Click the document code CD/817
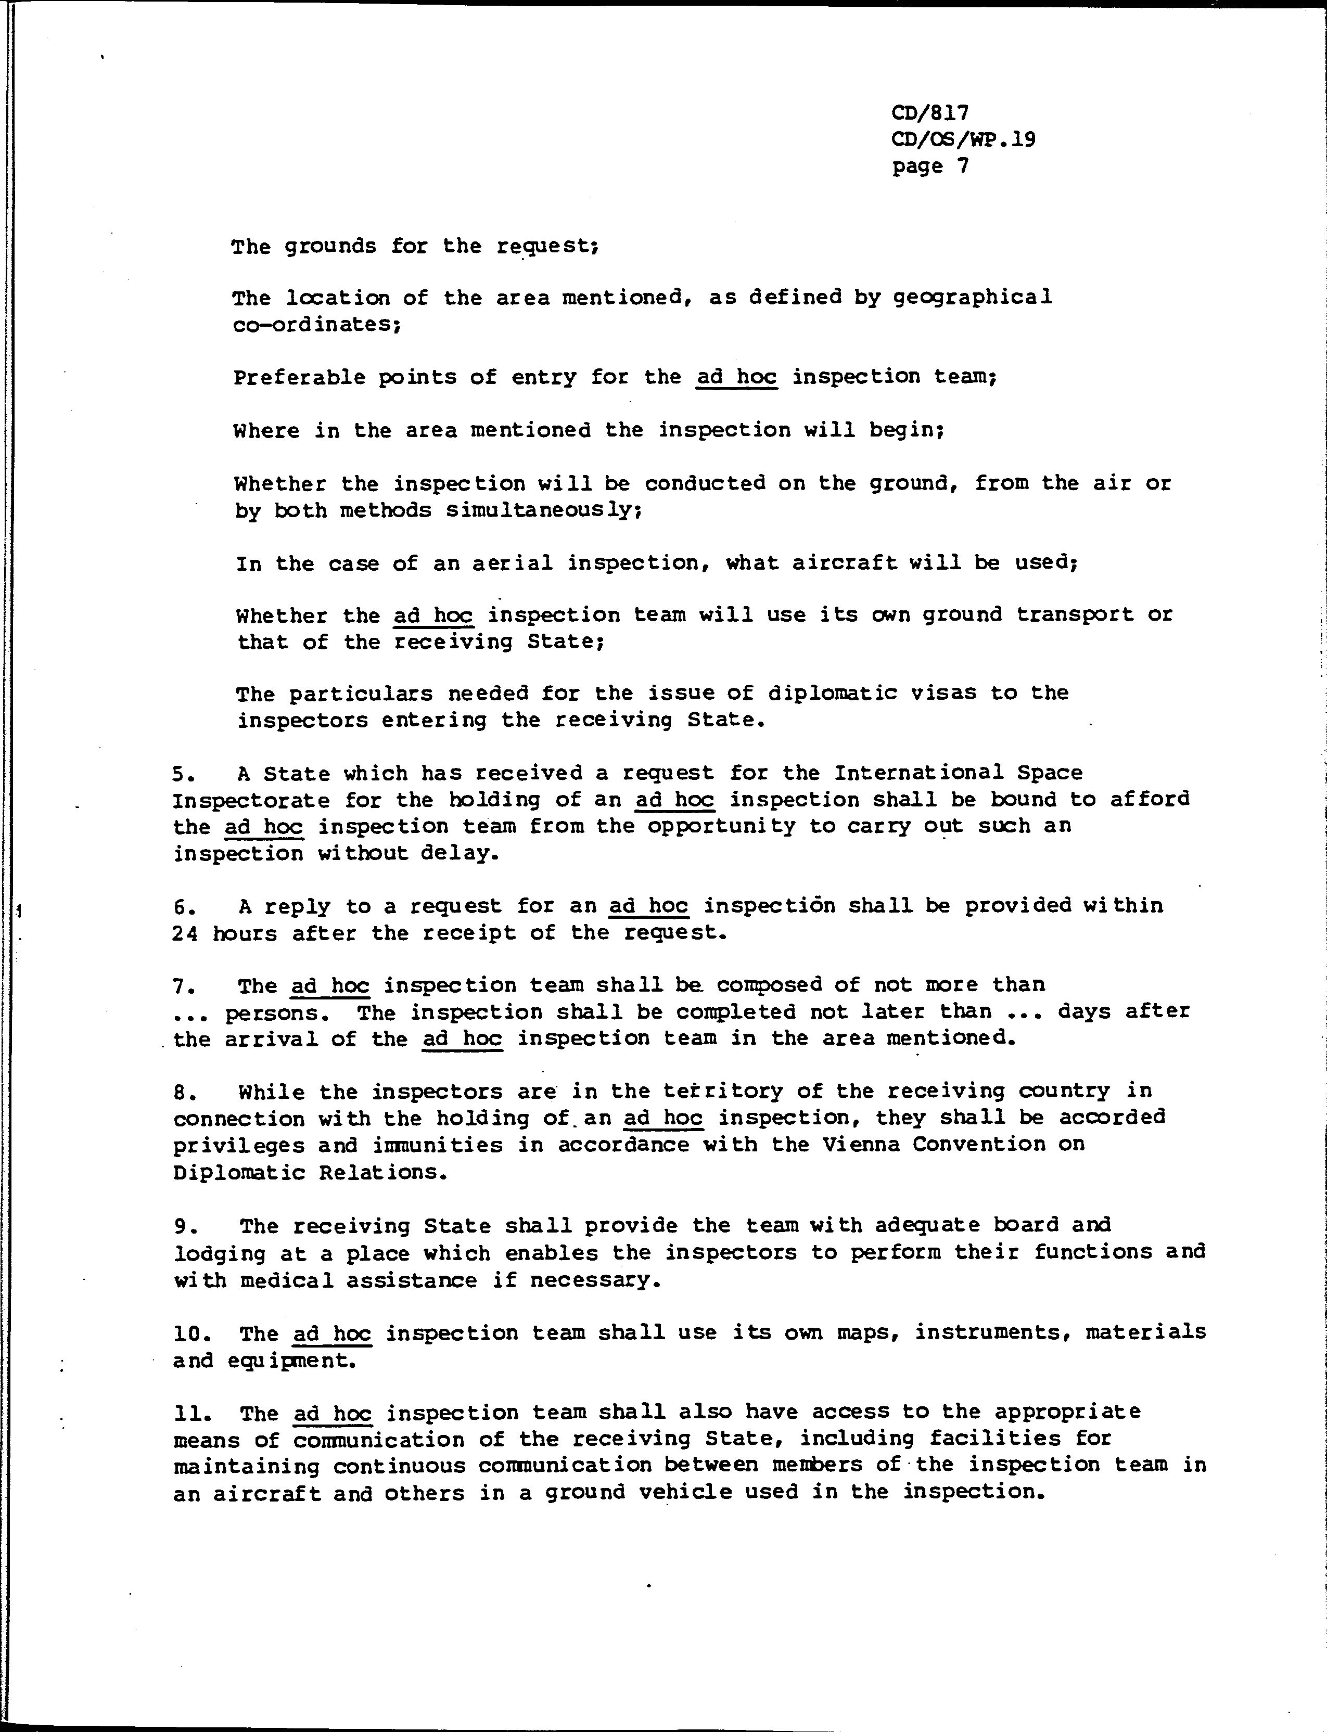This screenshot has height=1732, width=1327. [930, 113]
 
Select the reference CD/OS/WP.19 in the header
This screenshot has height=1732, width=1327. [963, 140]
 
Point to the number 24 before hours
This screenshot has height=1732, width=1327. [185, 933]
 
